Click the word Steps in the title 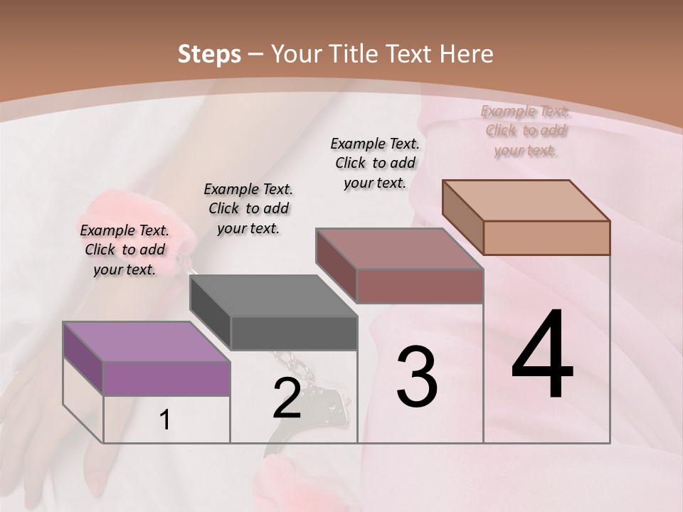click(x=208, y=54)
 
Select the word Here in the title click(x=467, y=54)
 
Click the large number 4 click(x=542, y=356)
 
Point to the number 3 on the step click(x=417, y=377)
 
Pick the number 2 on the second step click(x=287, y=398)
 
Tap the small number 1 click(x=165, y=420)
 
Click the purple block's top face click(x=147, y=341)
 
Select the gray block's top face click(x=273, y=295)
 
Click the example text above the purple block click(x=125, y=250)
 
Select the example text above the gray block click(x=248, y=208)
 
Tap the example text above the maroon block click(x=375, y=163)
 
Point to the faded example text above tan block click(x=526, y=131)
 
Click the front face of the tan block click(x=546, y=238)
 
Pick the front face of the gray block click(x=294, y=333)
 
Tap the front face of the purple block click(x=166, y=378)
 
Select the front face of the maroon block click(x=420, y=286)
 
